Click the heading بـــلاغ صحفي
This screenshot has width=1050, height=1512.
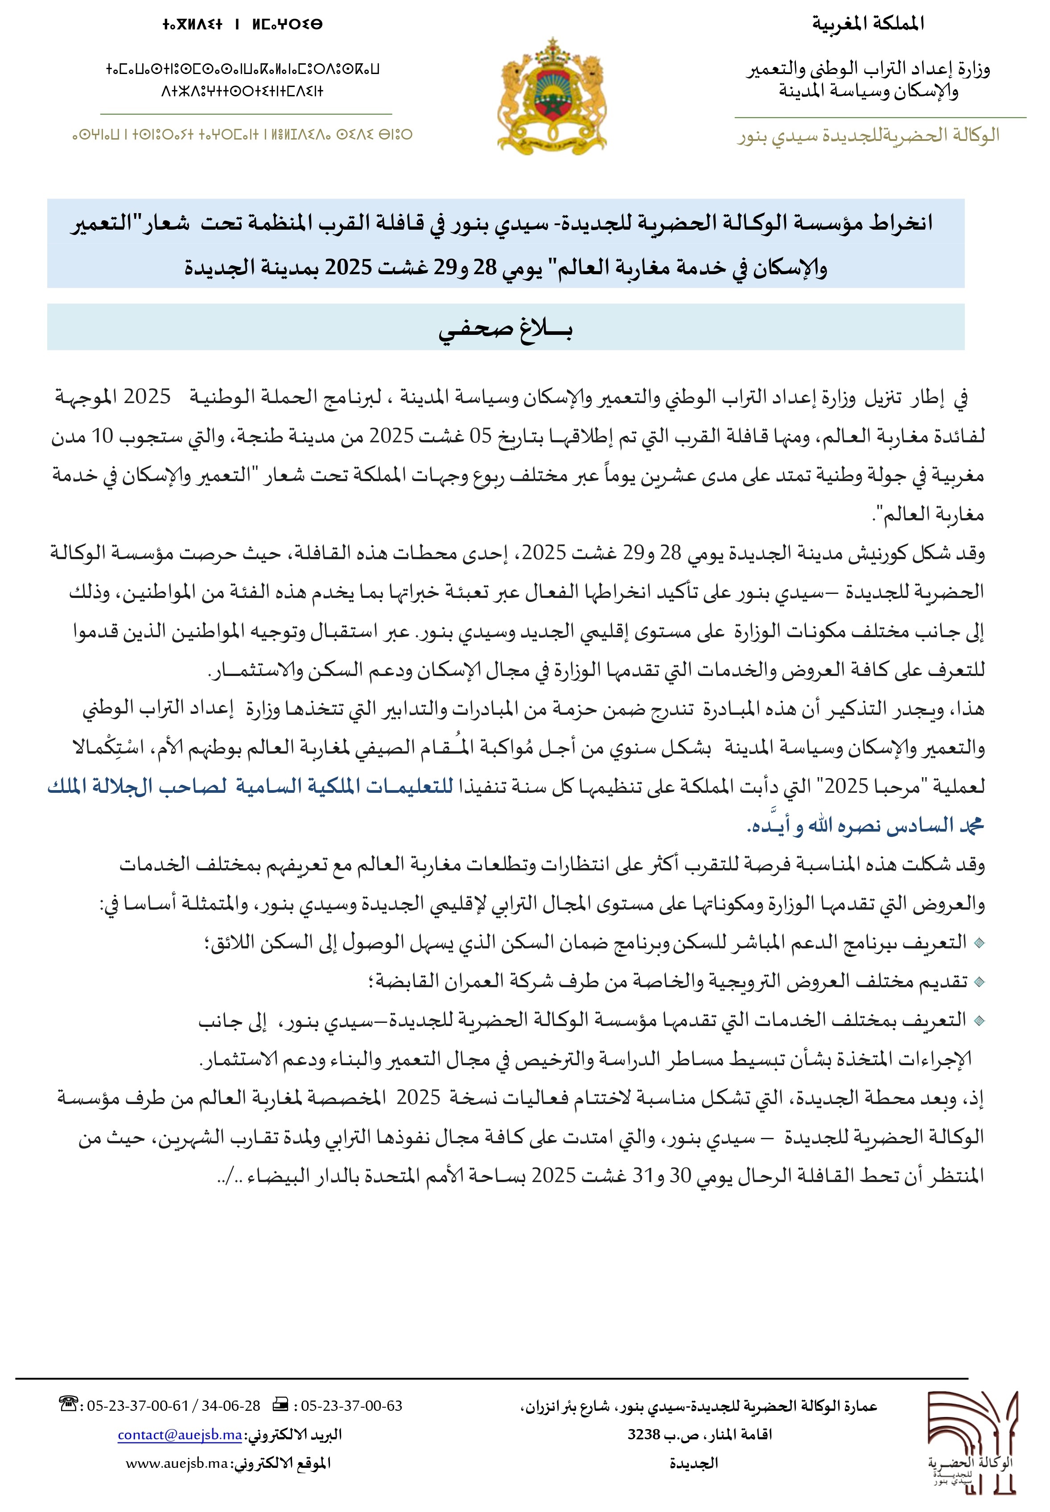(x=505, y=328)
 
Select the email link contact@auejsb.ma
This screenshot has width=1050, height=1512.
(x=180, y=1434)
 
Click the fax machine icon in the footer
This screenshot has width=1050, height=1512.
(x=280, y=1405)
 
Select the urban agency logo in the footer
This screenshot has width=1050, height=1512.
(x=973, y=1441)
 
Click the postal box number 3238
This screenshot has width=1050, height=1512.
(x=643, y=1434)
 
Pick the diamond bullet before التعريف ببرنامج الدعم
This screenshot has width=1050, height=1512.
(x=978, y=943)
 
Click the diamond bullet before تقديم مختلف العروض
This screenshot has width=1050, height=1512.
(x=978, y=982)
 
